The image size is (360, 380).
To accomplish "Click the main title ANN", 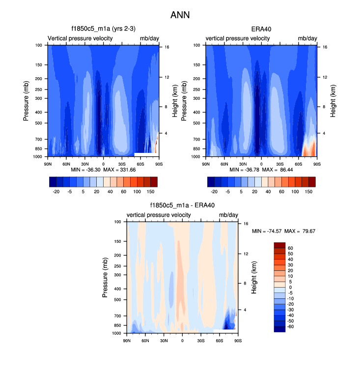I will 180,15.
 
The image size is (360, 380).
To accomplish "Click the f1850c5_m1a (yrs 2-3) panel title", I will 103,29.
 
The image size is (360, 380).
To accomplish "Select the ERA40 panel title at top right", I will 261,29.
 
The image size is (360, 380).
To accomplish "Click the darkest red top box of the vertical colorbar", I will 280,246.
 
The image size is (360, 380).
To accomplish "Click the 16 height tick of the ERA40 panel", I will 319,47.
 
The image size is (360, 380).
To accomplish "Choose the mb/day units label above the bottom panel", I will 228,215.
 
